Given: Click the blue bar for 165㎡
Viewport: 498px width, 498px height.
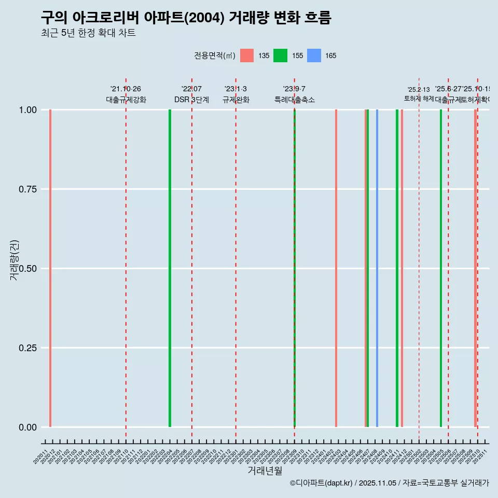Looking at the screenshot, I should click(377, 268).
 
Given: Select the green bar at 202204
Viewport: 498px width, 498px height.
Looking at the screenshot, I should click(170, 268).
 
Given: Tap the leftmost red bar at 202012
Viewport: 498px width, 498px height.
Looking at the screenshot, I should click(50, 268).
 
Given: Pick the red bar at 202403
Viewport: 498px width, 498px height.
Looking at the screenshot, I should click(336, 268).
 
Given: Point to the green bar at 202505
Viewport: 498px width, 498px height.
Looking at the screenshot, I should click(441, 268).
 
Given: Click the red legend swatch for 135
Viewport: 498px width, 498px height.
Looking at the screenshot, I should click(247, 56).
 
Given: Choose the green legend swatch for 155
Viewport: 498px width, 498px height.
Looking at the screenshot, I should click(280, 56).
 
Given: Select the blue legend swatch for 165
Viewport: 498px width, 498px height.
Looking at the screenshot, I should click(314, 56).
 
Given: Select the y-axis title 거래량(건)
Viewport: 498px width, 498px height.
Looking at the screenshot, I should click(15, 260).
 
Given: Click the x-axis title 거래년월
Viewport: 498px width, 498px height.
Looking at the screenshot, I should click(265, 471).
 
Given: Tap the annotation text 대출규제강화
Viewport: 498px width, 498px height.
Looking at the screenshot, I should click(126, 100).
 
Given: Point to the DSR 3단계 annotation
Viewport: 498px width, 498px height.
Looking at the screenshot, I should click(191, 100).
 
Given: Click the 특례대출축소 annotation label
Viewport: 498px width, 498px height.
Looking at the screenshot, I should click(295, 100).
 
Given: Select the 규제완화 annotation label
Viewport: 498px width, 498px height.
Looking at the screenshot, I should click(236, 100).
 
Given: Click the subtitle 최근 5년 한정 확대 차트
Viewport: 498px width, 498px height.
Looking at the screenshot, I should click(88, 33).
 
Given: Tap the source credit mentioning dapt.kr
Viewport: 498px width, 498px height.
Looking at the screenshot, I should click(389, 483).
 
